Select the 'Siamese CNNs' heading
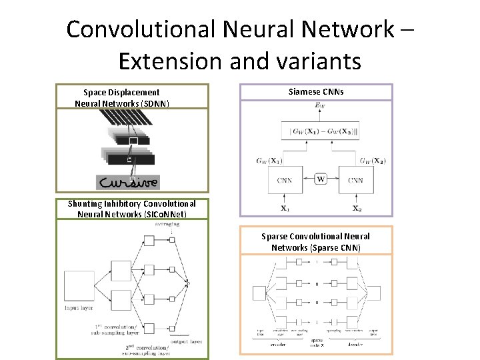pyautogui.click(x=316, y=91)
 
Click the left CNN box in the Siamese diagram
pyautogui.click(x=285, y=179)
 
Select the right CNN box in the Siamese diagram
pyautogui.click(x=355, y=179)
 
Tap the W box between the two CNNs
pyautogui.click(x=321, y=178)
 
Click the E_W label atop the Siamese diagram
pyautogui.click(x=320, y=107)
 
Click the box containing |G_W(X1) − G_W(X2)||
pyautogui.click(x=320, y=131)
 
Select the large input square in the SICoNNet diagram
pyautogui.click(x=79, y=286)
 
